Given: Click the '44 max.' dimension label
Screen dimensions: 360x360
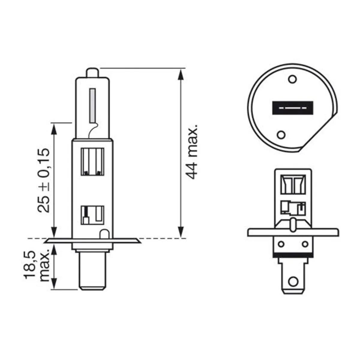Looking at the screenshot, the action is (191, 151).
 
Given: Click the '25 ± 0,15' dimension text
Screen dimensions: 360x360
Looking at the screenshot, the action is (44, 181).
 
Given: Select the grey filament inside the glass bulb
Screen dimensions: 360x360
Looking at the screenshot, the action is (92, 106).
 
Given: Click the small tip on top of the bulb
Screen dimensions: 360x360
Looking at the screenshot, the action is (92, 73).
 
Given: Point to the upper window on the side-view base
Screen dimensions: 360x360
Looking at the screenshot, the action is (92, 162).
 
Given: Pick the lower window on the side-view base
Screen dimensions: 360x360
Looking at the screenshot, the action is (92, 215).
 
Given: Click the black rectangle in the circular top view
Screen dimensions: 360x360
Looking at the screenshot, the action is (292, 108).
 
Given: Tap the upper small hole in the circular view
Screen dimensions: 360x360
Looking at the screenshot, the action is (292, 79).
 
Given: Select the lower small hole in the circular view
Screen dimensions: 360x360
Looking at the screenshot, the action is (281, 135).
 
